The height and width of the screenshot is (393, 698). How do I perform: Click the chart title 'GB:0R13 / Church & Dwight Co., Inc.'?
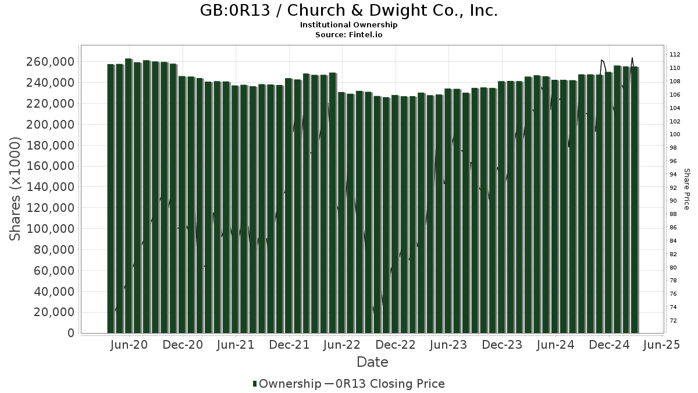coord(349,11)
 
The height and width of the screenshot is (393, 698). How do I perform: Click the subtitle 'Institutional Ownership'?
coord(349,25)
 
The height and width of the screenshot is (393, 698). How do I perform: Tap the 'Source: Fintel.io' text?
coord(349,35)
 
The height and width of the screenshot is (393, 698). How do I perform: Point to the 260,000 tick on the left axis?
coord(51,62)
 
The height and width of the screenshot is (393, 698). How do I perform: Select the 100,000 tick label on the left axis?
coord(51,229)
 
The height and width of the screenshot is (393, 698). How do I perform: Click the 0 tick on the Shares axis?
coord(71,333)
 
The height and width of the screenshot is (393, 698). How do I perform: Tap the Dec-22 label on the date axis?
coord(396,345)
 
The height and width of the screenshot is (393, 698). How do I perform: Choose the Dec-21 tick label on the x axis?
coord(289,345)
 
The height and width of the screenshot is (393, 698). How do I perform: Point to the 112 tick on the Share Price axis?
coord(675,55)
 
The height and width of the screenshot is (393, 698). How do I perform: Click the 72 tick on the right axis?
coord(673,321)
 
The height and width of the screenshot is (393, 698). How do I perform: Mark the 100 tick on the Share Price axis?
coord(675,134)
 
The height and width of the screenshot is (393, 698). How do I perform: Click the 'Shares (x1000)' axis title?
coord(16,189)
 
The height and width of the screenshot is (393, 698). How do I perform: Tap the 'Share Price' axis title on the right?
coord(686,189)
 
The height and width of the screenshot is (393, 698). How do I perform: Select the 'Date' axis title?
coord(372,362)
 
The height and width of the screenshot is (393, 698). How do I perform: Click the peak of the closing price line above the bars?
coord(632,58)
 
